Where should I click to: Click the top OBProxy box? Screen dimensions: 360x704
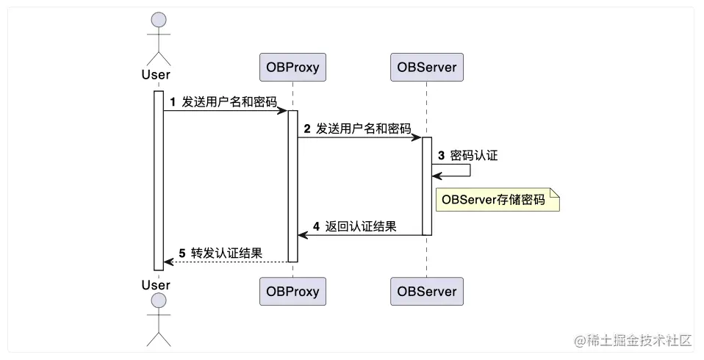(292, 68)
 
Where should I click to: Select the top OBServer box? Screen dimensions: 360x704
(426, 68)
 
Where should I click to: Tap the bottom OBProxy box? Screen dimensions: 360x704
(292, 291)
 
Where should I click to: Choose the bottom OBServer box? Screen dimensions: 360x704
(426, 291)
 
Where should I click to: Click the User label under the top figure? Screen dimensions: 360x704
(156, 74)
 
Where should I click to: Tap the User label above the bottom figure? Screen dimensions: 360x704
(156, 284)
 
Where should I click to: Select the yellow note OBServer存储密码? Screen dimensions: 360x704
(498, 199)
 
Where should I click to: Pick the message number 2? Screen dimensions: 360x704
(308, 128)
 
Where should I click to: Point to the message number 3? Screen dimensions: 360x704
(442, 156)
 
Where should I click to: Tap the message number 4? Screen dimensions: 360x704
(316, 227)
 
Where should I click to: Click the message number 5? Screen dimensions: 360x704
(182, 253)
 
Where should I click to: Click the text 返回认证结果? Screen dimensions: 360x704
(361, 227)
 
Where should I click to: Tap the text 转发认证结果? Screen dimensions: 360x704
(227, 253)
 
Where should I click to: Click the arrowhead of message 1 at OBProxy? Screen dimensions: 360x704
(283, 111)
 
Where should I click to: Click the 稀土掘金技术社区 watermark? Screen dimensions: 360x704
(633, 340)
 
